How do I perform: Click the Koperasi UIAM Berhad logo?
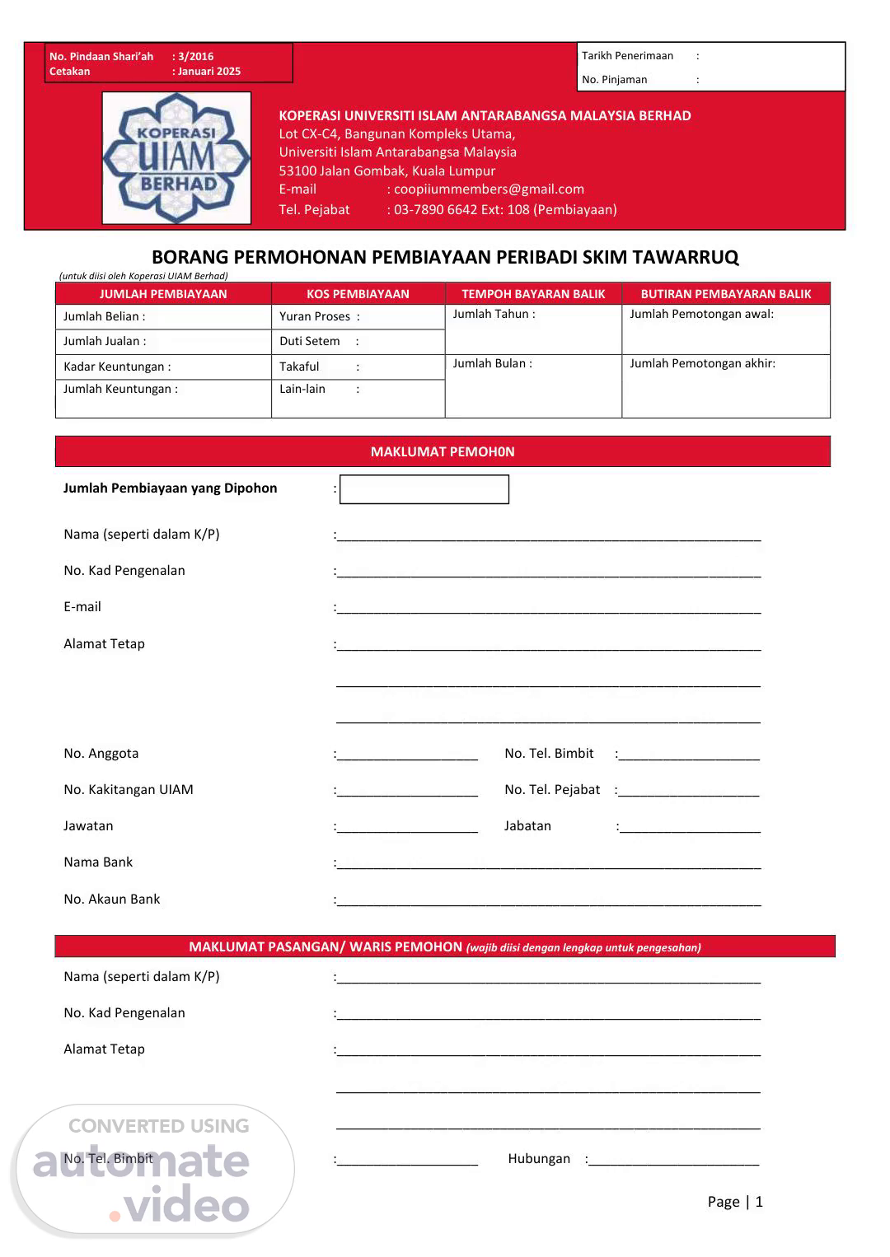tap(176, 157)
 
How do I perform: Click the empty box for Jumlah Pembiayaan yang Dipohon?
tap(424, 489)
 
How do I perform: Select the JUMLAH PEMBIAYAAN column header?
tap(163, 294)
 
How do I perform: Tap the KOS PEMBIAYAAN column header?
tap(358, 294)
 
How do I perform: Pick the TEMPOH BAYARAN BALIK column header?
tap(533, 294)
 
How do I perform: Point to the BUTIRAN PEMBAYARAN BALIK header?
tap(726, 294)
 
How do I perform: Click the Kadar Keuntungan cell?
tap(163, 367)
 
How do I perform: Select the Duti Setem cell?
tap(358, 342)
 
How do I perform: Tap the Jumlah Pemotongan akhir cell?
tap(726, 386)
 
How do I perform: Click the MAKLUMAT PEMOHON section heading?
tap(443, 451)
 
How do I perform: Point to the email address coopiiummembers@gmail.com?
tap(489, 189)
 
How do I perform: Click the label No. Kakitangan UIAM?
tap(129, 789)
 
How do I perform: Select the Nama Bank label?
tap(98, 862)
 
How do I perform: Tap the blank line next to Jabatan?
tap(690, 828)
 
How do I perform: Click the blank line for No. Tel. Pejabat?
tap(689, 792)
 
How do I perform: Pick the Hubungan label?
tap(539, 1158)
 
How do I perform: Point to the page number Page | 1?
tap(735, 1201)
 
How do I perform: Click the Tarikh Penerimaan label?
tap(628, 56)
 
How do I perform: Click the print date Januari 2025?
tap(209, 72)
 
